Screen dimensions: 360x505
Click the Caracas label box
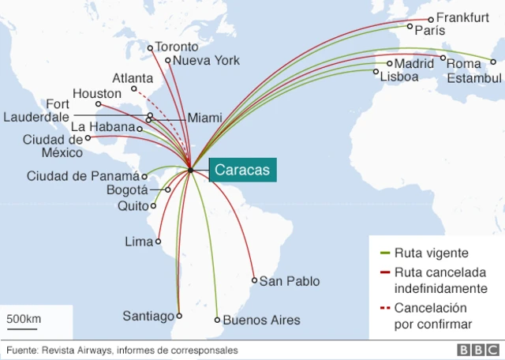coord(242,170)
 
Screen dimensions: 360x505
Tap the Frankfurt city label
coord(463,17)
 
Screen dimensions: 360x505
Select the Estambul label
coord(474,78)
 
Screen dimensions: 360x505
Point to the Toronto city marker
coord(150,48)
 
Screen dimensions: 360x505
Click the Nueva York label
coord(206,61)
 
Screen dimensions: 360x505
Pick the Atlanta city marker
coord(134,89)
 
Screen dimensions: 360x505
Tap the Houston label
coord(97,94)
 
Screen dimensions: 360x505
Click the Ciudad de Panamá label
coord(82,176)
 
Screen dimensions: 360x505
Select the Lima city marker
coord(159,242)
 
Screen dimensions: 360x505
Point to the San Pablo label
coord(290,281)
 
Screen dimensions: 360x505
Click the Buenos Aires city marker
coord(217,320)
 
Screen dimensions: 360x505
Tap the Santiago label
coord(148,317)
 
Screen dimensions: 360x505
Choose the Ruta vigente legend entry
coord(431,253)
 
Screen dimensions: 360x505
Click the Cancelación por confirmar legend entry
coord(430,316)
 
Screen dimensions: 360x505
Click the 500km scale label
coord(24,319)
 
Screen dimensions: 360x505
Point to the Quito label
coord(133,206)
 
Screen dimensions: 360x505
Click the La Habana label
coord(103,127)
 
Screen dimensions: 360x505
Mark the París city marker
coord(410,27)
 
